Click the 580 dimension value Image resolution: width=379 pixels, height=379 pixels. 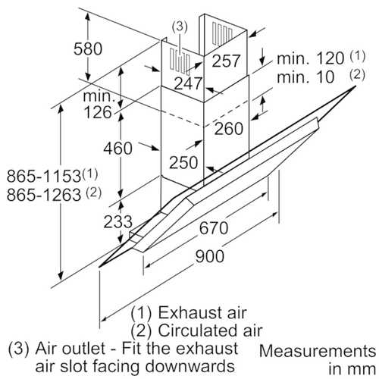pos(88,49)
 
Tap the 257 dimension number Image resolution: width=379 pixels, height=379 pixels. pos(226,61)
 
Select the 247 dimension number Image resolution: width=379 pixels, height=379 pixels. pos(189,83)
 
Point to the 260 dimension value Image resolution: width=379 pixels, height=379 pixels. pos(229,129)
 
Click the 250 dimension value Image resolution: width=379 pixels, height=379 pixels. pos(183,162)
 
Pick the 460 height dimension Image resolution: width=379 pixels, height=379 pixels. pos(117,148)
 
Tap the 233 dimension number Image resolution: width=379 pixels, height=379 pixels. pos(117,222)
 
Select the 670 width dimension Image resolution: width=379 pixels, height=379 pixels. pos(214,228)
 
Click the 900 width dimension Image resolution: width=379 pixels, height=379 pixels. pos(210,256)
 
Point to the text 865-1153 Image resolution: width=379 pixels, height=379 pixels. pos(44,176)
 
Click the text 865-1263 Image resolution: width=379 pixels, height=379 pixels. pos(44,195)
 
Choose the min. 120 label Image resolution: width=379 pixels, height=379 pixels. pos(311,58)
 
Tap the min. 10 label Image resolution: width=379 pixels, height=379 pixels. pos(305,77)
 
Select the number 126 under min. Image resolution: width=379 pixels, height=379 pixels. pos(98,112)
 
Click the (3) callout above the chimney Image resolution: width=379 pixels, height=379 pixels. pos(180,27)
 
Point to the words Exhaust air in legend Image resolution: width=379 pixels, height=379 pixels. pos(202,312)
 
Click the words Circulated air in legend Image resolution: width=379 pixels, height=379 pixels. pos(210,330)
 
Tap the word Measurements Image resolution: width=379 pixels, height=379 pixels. pos(318,351)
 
